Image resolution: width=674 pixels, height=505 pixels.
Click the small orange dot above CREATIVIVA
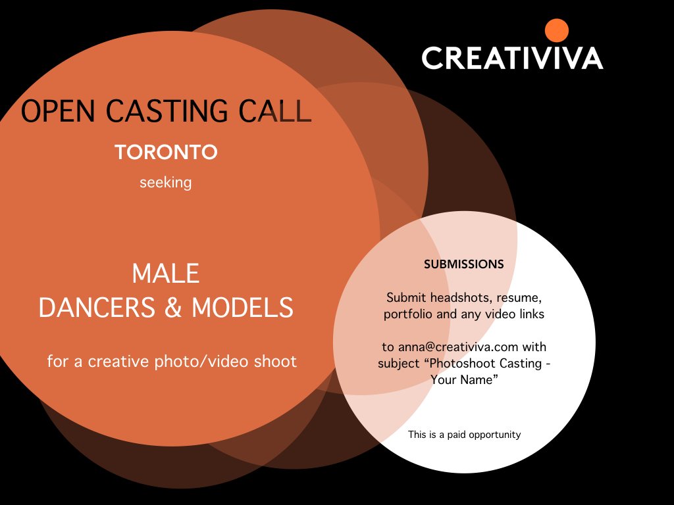pos(557,30)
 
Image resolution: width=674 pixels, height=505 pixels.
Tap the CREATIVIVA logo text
pos(512,58)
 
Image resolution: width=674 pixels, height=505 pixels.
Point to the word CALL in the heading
pos(278,112)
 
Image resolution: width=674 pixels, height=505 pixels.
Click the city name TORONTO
pos(166,153)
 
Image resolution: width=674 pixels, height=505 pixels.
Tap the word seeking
pos(165,182)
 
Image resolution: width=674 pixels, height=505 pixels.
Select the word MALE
pos(166,274)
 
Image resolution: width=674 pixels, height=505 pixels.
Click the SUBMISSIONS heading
pos(464,264)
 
